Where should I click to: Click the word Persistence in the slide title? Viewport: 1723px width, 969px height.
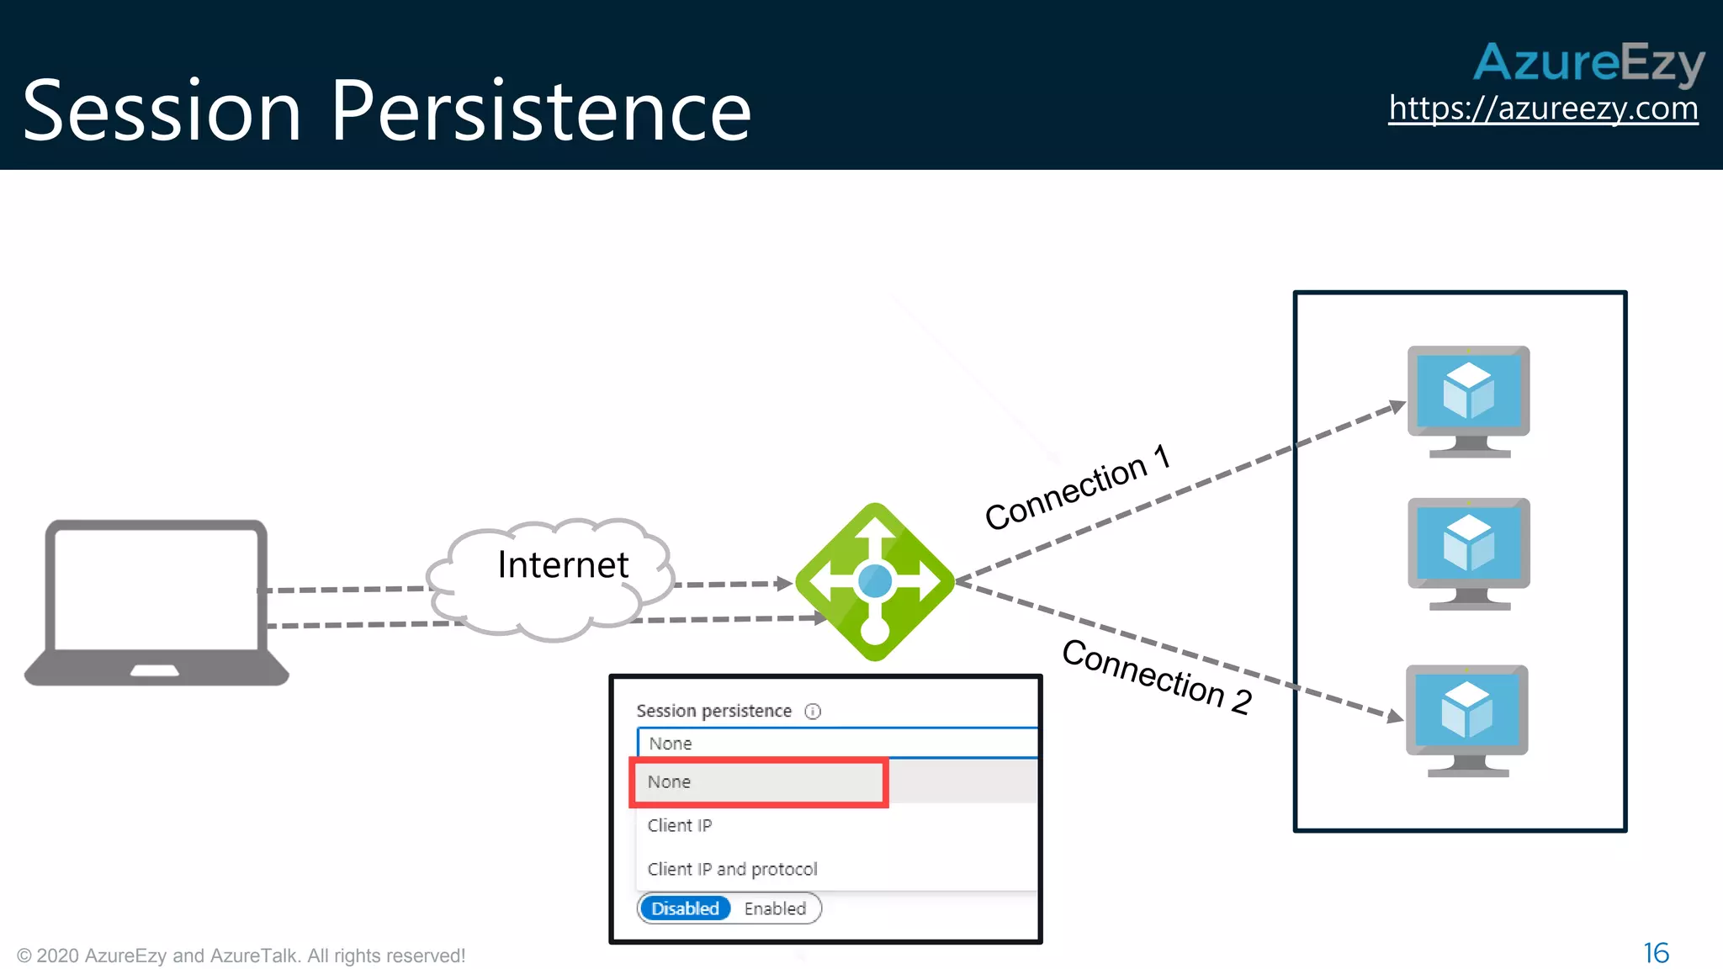540,111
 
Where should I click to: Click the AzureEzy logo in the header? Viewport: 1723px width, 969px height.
1588,62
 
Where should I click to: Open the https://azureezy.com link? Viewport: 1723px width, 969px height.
1543,109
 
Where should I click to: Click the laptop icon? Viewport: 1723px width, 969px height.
156,602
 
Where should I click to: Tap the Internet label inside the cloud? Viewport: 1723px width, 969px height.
563,564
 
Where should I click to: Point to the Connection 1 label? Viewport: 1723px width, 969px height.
1077,487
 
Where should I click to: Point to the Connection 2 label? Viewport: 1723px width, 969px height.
1157,676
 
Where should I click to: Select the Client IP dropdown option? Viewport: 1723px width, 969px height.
680,825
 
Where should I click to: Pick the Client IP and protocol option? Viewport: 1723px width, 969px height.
732,869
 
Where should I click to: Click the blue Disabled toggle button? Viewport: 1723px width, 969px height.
685,908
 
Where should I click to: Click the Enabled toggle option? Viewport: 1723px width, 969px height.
775,908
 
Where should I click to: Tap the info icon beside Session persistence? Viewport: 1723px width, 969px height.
813,712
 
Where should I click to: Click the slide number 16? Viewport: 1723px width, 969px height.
1656,953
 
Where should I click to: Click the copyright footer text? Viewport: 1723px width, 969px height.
241,956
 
